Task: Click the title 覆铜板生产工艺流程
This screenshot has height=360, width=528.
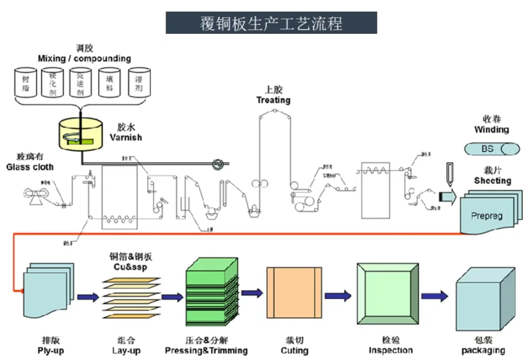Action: click(x=271, y=23)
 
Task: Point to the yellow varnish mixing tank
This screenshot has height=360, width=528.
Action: click(x=81, y=134)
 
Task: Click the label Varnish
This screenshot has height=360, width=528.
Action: click(x=125, y=137)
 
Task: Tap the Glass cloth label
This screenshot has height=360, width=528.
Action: click(x=30, y=166)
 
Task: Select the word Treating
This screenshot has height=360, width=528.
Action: click(x=273, y=100)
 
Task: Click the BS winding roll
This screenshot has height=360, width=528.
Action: click(x=491, y=149)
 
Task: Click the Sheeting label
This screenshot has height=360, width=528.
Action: click(x=492, y=181)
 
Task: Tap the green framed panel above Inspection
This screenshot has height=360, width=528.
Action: click(x=387, y=294)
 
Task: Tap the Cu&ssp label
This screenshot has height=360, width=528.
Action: click(x=131, y=267)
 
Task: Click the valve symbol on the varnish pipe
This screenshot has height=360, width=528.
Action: click(x=218, y=164)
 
